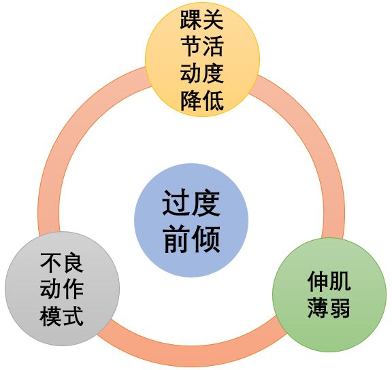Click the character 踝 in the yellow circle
click(x=191, y=20)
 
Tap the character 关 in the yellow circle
click(x=213, y=20)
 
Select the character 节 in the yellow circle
click(x=191, y=46)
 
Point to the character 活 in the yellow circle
click(x=213, y=46)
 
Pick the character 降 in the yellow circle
click(x=191, y=100)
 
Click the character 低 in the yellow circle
click(x=213, y=100)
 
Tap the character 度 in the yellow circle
click(x=213, y=73)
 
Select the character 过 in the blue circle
click(x=176, y=203)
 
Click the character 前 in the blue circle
click(x=176, y=238)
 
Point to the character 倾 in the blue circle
click(x=206, y=238)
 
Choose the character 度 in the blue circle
click(x=206, y=203)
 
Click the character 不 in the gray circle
click(x=51, y=262)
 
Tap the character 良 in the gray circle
click(x=73, y=262)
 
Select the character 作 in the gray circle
click(x=73, y=288)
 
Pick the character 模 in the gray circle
click(x=51, y=316)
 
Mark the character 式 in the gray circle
click(x=73, y=316)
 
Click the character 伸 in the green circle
click(x=318, y=282)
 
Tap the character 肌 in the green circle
click(x=340, y=282)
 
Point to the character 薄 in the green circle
click(x=318, y=308)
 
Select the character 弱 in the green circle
click(x=340, y=308)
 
